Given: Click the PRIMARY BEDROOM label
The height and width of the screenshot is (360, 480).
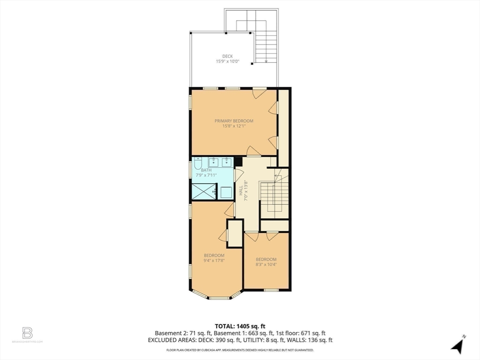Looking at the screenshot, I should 234,121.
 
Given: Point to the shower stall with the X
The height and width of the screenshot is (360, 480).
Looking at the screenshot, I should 203,192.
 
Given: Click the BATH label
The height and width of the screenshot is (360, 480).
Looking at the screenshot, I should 206,170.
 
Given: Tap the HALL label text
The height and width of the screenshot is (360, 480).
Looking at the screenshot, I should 240,192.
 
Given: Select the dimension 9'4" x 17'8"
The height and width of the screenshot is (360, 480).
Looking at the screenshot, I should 214,261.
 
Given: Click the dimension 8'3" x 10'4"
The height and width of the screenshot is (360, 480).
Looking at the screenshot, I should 266,264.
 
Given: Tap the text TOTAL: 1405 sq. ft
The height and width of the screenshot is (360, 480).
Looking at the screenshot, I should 240,326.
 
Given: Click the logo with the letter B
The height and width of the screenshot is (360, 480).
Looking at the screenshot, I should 28,333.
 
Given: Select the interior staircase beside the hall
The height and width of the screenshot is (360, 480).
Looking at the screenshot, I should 274,199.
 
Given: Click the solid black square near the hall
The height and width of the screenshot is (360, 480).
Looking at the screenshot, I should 238,162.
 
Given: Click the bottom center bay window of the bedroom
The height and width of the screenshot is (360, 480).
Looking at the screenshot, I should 219,298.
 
